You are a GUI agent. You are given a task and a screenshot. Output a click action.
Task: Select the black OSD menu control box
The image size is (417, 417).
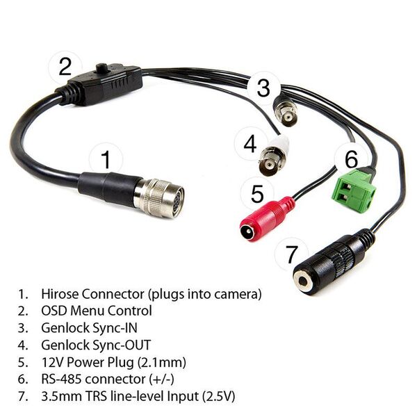click(x=106, y=83)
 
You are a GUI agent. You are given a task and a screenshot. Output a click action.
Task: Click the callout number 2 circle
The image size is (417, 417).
click(x=65, y=67)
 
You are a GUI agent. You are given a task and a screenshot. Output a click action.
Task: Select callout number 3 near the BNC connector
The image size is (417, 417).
click(x=263, y=88)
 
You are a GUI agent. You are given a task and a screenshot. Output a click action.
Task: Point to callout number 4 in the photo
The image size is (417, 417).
click(x=250, y=145)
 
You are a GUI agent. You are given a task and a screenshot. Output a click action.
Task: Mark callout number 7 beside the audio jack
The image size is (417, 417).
click(x=292, y=253)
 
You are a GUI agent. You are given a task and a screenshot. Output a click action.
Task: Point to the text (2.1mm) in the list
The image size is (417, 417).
click(x=167, y=361)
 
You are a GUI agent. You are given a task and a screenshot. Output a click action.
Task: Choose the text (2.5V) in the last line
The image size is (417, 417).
click(x=216, y=396)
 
